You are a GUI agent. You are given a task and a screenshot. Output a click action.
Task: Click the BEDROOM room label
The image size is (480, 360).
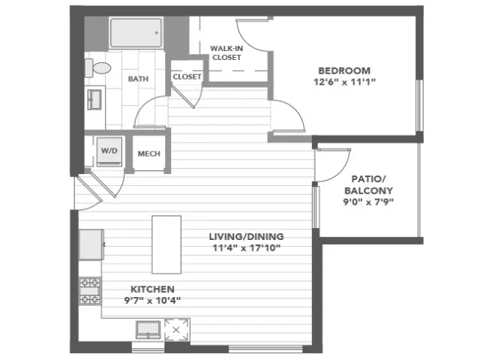pos(344,70)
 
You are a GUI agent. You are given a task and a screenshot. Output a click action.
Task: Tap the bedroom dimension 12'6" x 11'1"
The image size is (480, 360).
pos(344,82)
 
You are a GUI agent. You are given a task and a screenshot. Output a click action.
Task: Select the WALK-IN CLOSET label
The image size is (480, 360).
pos(226,53)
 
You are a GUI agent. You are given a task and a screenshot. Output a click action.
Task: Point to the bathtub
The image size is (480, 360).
pos(136,33)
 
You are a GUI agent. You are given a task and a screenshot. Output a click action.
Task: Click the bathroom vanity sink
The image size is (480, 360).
pos(94,100)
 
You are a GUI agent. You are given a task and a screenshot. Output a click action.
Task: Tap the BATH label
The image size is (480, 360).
pos(138,79)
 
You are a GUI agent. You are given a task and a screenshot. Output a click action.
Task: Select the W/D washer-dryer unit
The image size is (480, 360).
pos(109,151)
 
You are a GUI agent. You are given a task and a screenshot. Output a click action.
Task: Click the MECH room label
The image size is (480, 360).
pos(149,154)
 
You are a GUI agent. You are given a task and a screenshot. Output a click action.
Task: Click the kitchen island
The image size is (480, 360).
pos(166,244)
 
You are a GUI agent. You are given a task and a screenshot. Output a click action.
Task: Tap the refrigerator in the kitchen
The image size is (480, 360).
pos(91,244)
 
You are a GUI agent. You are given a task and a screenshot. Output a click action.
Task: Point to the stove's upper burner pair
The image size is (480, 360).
pos(90,282)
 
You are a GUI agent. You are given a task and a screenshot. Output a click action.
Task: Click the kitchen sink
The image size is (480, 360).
pos(148,329)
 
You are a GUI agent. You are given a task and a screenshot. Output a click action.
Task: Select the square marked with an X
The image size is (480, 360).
pos(176,330)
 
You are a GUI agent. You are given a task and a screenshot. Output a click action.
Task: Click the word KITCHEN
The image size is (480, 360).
pos(152,289)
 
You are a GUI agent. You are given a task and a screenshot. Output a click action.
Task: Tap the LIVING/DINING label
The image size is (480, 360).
pos(247,237)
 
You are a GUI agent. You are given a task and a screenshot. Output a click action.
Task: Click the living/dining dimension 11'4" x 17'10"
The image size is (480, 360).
pos(247,248)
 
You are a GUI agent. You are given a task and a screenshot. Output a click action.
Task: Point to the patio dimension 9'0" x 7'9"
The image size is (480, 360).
pos(368,202)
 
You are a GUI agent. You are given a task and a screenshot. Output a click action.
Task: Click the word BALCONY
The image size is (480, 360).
pos(368,190)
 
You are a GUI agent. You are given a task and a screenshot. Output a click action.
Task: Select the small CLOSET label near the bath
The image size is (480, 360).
pos(187,76)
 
